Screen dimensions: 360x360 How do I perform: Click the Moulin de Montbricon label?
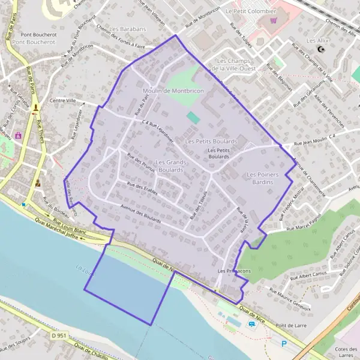click(x=173, y=91)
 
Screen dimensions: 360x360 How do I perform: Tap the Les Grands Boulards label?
click(x=171, y=166)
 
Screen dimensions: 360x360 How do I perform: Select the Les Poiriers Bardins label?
click(x=263, y=178)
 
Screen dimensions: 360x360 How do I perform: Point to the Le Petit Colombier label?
click(x=251, y=11)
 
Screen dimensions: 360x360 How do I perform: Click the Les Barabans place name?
click(x=128, y=29)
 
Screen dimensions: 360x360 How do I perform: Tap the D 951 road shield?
click(x=59, y=336)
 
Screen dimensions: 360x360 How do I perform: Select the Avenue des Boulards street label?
click(x=140, y=214)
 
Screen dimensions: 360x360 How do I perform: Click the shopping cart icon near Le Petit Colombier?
click(x=274, y=20)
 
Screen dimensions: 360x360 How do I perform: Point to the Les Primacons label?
click(x=234, y=271)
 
